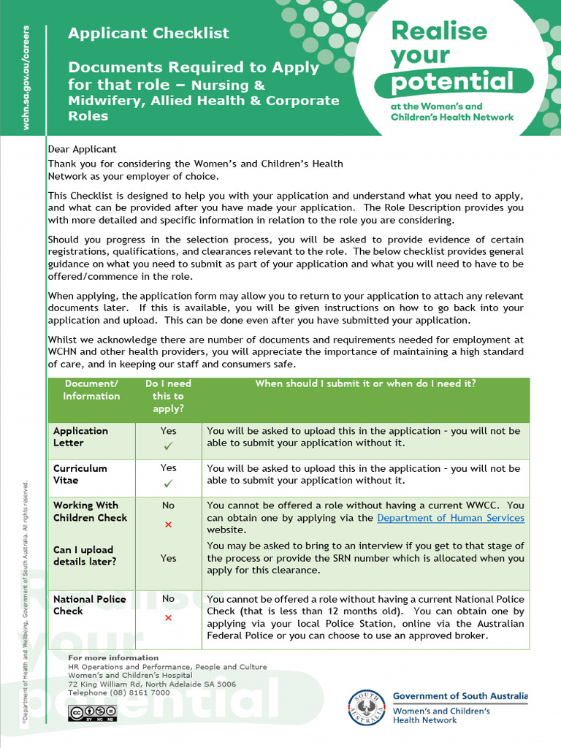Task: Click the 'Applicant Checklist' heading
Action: coord(148,33)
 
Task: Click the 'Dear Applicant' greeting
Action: coord(77,149)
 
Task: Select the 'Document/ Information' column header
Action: coord(91,390)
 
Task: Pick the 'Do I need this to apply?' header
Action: coord(168,396)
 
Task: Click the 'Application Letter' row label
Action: coord(80,437)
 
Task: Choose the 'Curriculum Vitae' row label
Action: coord(80,474)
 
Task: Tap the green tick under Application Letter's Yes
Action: coord(168,446)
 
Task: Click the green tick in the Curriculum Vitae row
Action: coord(168,484)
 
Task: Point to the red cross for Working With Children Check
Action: coord(168,524)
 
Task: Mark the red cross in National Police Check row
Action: coord(168,618)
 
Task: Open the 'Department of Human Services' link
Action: coord(451,518)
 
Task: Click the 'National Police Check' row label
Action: coord(90,605)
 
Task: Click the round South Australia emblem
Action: coord(365,707)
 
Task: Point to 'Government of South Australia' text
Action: coord(460,697)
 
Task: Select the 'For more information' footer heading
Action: coord(113,658)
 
